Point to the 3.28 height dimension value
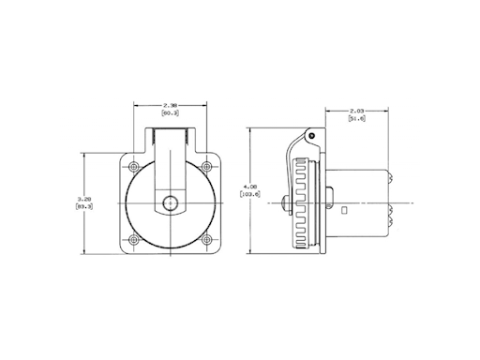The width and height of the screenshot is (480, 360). coord(84,200)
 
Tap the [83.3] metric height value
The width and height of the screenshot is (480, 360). coord(84,207)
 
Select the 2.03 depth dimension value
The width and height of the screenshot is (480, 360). coord(357,111)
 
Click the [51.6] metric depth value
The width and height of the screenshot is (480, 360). coord(357,119)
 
